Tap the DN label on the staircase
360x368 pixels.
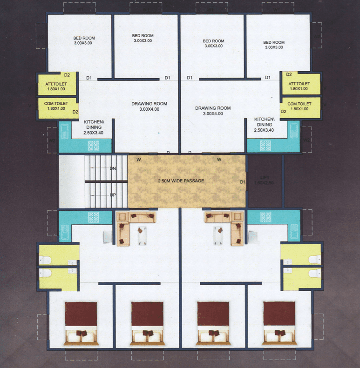click(112, 168)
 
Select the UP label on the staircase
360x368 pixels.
click(112, 195)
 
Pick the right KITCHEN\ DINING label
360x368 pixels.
click(264, 125)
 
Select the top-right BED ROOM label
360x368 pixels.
click(274, 45)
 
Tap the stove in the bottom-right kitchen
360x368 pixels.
click(266, 217)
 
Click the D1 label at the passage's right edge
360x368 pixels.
click(242, 182)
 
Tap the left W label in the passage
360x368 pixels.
click(138, 160)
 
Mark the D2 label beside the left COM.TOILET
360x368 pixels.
click(75, 112)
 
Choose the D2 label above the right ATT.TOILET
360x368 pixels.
click(289, 74)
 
